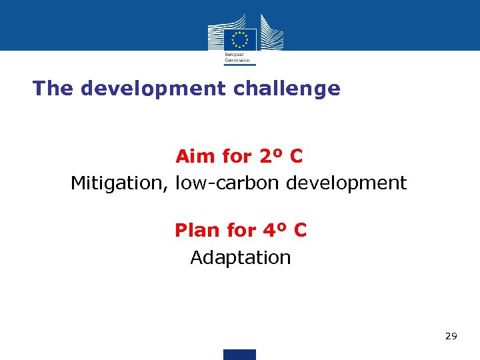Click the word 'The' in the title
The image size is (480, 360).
pyautogui.click(x=53, y=88)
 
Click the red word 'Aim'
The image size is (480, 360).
pyautogui.click(x=195, y=157)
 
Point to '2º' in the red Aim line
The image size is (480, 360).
pyautogui.click(x=268, y=157)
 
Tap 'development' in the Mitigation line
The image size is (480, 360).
pyautogui.click(x=346, y=183)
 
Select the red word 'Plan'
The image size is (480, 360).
pyautogui.click(x=197, y=231)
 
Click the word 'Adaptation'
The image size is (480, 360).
pyautogui.click(x=241, y=258)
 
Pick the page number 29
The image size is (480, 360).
pyautogui.click(x=451, y=337)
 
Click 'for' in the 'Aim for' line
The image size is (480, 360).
pyautogui.click(x=237, y=157)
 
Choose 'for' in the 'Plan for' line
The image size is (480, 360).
pyautogui.click(x=241, y=231)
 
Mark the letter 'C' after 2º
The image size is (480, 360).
pyautogui.click(x=296, y=157)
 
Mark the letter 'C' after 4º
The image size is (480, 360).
pyautogui.click(x=300, y=231)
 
